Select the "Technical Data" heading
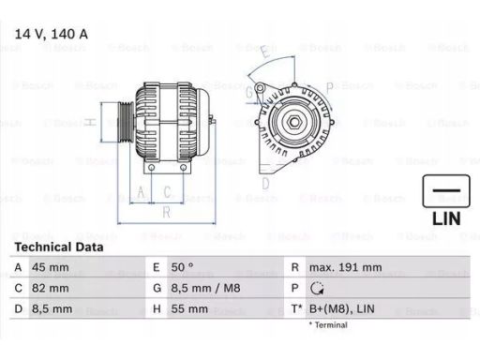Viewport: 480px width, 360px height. tap(57, 247)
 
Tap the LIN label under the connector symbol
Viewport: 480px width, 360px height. tap(445, 217)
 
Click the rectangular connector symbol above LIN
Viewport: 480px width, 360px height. tap(445, 191)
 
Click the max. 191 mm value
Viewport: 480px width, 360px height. tap(346, 267)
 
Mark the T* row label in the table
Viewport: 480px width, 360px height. tap(296, 307)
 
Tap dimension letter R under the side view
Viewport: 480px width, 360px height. tap(165, 212)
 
